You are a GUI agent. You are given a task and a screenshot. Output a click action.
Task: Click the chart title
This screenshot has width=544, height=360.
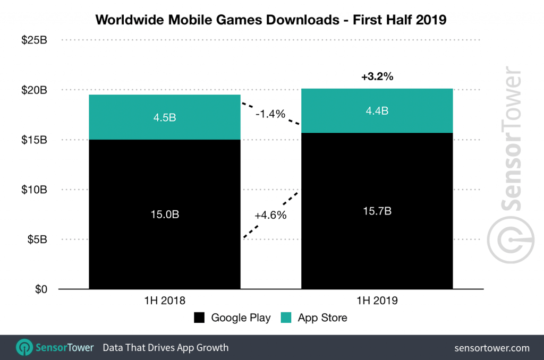pyautogui.click(x=271, y=20)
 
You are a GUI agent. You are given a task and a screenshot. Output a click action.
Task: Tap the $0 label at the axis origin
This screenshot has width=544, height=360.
pyautogui.click(x=41, y=289)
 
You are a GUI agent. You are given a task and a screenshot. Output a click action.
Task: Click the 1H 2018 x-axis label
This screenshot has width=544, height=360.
pyautogui.click(x=165, y=301)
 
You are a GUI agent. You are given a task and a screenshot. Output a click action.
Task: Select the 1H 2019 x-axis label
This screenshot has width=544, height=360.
pyautogui.click(x=377, y=301)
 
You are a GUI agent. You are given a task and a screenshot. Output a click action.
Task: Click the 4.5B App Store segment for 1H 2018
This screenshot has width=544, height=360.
pyautogui.click(x=165, y=117)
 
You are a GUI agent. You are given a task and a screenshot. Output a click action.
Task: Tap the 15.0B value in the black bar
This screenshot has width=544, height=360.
pyautogui.click(x=165, y=215)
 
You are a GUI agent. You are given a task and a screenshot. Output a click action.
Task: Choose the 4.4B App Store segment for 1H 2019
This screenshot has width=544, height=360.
pyautogui.click(x=377, y=111)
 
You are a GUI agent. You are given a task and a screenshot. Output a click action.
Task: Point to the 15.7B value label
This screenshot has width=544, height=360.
pyautogui.click(x=377, y=211)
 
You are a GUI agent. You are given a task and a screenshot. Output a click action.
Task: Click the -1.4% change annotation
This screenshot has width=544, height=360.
pyautogui.click(x=270, y=114)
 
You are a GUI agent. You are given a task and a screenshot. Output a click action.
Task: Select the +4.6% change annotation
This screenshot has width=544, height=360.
pyautogui.click(x=270, y=216)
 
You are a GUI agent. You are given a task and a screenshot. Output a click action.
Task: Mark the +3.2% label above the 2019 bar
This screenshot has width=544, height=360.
pyautogui.click(x=377, y=77)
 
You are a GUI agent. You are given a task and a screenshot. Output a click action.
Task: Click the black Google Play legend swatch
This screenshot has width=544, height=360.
pyautogui.click(x=200, y=318)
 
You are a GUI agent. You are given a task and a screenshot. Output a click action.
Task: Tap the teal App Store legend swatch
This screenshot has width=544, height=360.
pyautogui.click(x=286, y=318)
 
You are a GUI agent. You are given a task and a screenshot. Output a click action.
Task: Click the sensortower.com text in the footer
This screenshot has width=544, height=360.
pyautogui.click(x=492, y=348)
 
